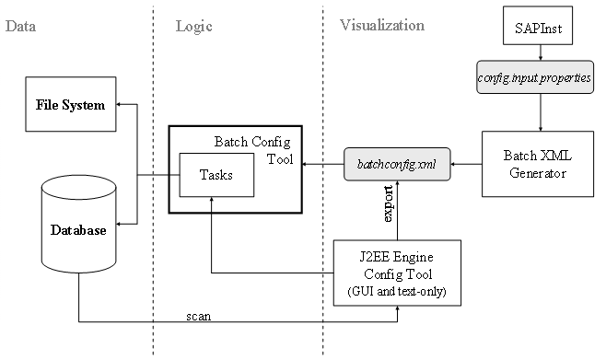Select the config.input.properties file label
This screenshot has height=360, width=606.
(x=539, y=78)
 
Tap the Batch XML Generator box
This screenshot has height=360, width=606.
(x=538, y=163)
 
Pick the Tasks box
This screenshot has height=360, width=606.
(x=216, y=175)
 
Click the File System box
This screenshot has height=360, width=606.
(x=71, y=104)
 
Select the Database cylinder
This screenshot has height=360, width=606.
(x=78, y=228)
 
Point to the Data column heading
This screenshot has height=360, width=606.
(x=20, y=26)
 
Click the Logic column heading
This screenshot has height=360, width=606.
(x=193, y=26)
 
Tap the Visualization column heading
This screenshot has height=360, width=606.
(x=381, y=26)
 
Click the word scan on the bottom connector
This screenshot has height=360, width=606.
(x=198, y=316)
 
